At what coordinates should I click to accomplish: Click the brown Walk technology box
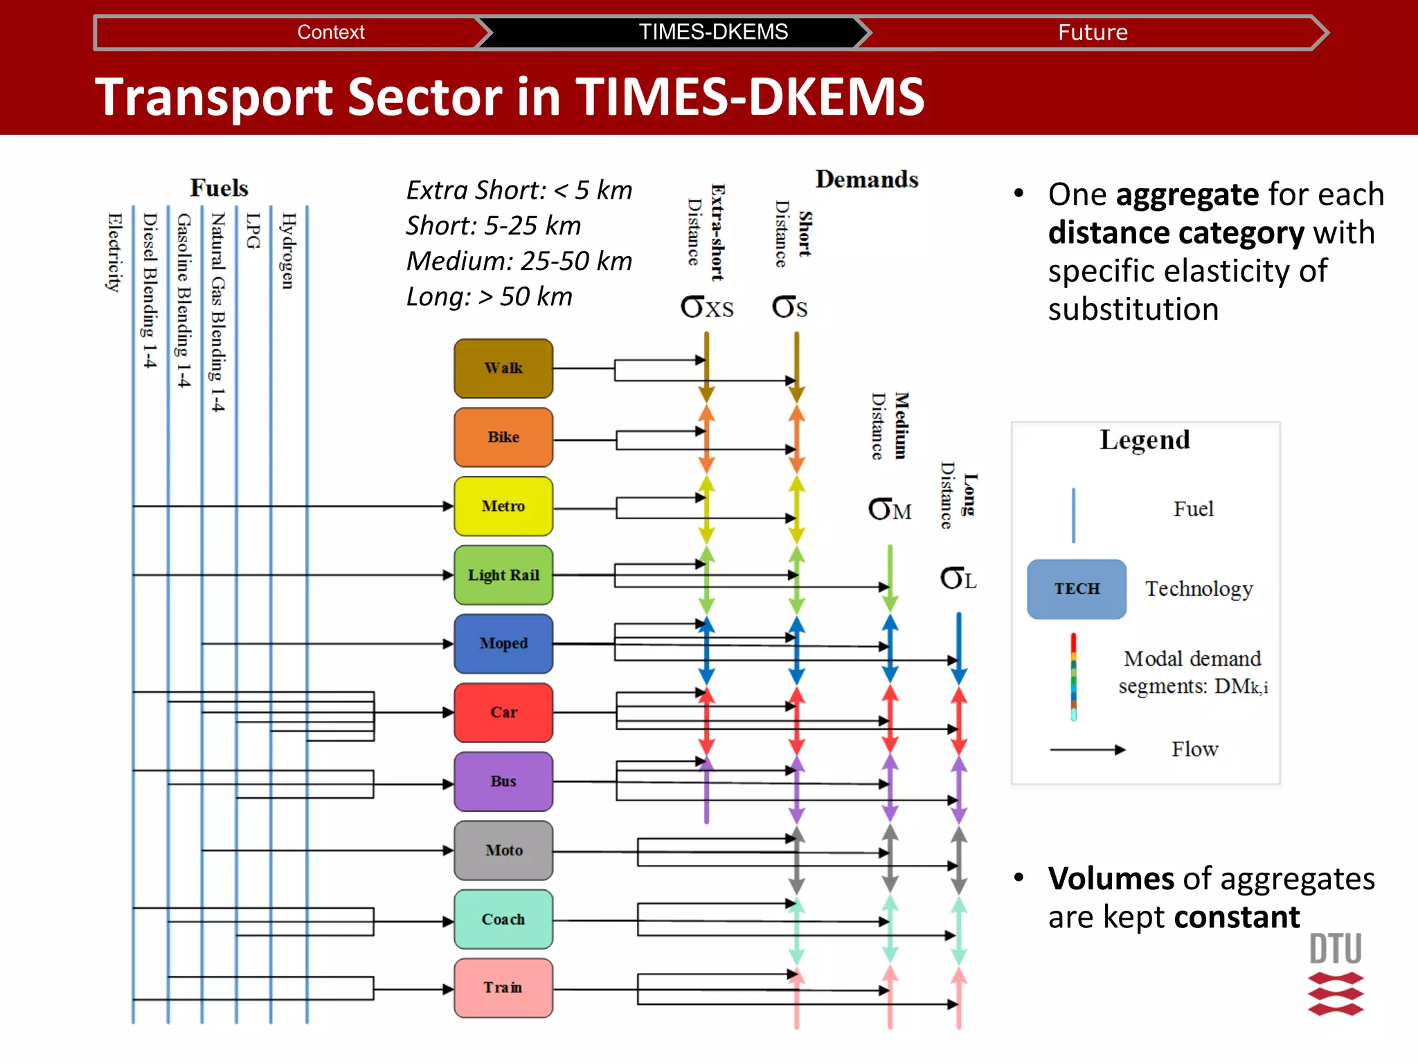503,368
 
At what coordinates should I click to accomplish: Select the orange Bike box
503,437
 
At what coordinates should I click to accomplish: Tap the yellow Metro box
503,506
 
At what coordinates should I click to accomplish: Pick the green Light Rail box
503,575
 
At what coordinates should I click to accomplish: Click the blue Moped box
503,644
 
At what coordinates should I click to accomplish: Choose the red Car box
503,712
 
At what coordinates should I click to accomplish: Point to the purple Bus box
503,781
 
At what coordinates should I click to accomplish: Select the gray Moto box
503,850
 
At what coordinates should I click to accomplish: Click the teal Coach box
503,919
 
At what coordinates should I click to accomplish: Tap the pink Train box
503,988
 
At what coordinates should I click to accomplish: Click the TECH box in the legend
1077,589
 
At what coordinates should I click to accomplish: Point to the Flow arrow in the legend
1087,749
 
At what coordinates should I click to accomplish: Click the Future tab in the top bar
1093,33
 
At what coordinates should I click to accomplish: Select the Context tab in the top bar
330,33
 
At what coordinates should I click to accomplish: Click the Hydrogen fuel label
287,251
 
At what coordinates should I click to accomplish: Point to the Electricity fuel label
114,253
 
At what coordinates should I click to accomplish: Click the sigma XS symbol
706,307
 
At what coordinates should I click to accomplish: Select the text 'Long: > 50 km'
489,297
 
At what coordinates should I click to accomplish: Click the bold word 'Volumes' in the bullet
1111,879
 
